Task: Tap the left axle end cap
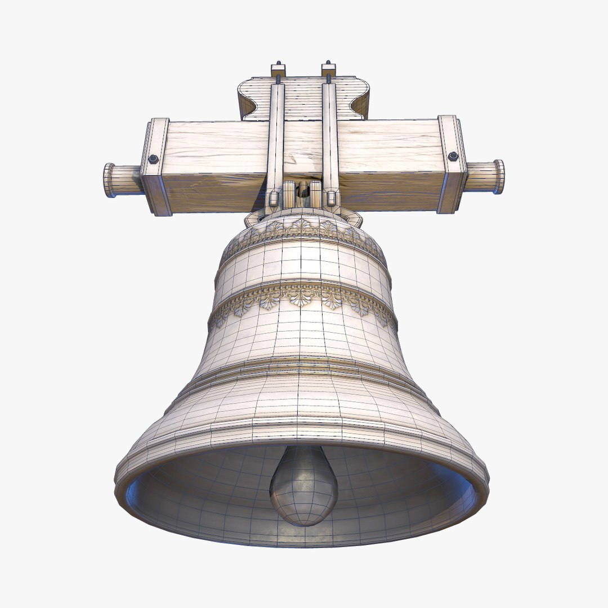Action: tap(109, 180)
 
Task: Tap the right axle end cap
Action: tap(499, 176)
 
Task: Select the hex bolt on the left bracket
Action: tap(153, 159)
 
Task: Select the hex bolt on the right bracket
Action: tap(453, 156)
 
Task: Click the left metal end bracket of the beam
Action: tap(156, 167)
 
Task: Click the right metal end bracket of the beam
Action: tap(451, 164)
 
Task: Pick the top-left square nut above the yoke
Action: tap(278, 70)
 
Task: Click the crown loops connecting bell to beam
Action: tap(303, 194)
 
